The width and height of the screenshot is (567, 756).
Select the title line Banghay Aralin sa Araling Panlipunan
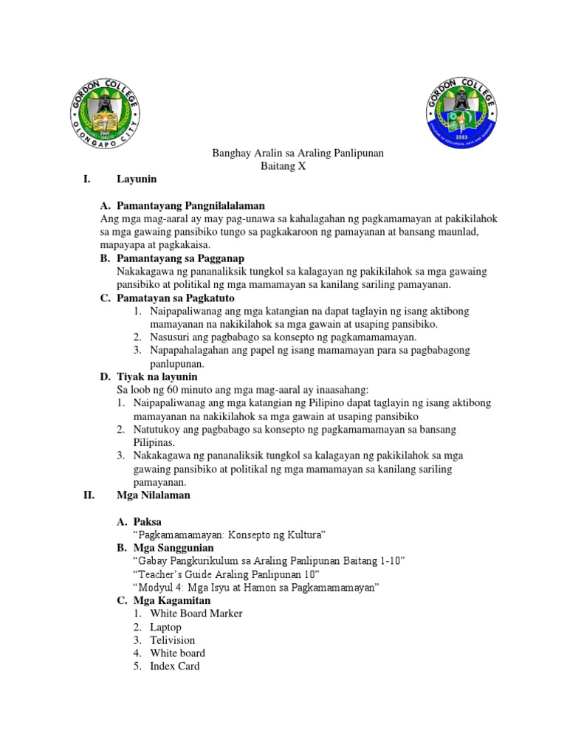pyautogui.click(x=293, y=153)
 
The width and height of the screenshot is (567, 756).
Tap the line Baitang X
pyautogui.click(x=283, y=166)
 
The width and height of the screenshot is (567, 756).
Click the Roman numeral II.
pyautogui.click(x=89, y=495)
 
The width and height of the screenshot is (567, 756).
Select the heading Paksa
pyautogui.click(x=147, y=521)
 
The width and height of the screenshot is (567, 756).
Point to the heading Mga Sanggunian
pyautogui.click(x=173, y=548)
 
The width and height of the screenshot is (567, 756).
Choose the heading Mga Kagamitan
pyautogui.click(x=171, y=601)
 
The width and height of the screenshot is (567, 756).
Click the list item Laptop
pyautogui.click(x=165, y=627)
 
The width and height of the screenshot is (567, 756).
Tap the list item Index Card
pyautogui.click(x=174, y=666)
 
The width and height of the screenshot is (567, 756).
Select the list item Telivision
pyautogui.click(x=172, y=640)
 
